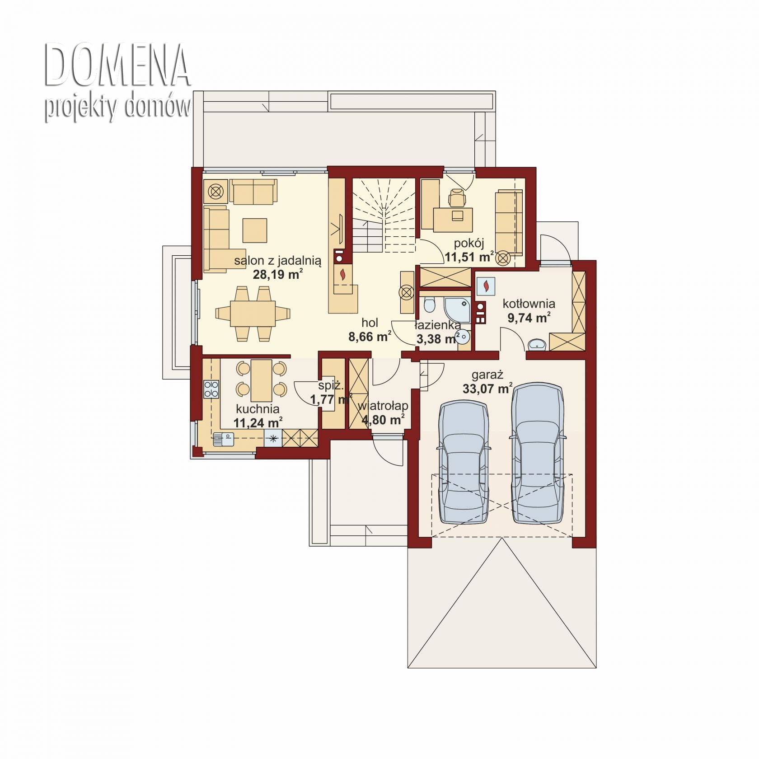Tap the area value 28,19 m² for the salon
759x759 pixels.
277,274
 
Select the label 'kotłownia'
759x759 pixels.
529,304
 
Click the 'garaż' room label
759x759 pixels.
487,375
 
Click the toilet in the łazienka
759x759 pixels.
429,304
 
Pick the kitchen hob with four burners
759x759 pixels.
211,389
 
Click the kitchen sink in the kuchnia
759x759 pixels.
223,438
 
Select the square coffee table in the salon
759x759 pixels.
255,230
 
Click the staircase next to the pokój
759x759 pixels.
384,215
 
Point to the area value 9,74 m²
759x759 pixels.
529,318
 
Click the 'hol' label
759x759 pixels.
370,323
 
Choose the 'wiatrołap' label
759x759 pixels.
383,406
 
